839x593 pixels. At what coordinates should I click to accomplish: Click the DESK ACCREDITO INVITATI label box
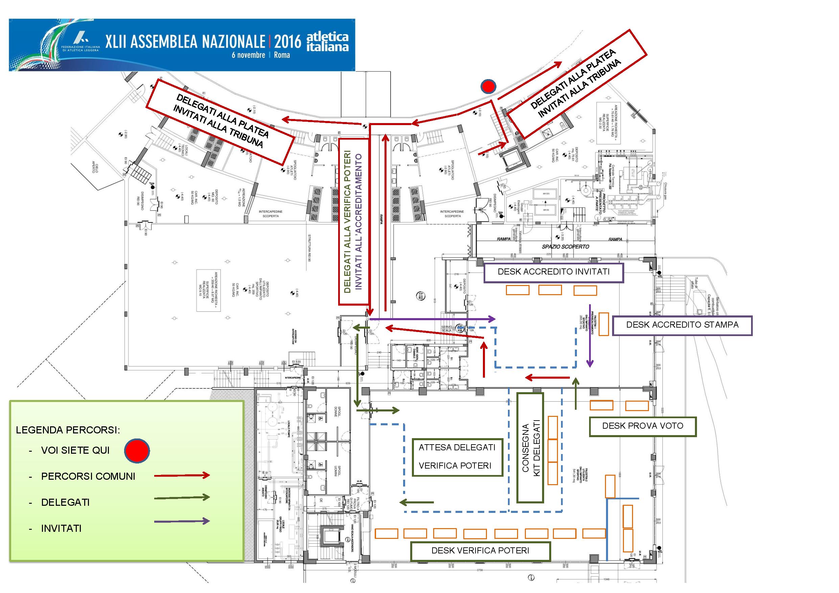tap(553, 272)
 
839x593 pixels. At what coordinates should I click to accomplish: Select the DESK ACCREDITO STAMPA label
tap(682, 325)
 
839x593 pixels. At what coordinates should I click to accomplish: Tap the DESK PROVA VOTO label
tap(643, 426)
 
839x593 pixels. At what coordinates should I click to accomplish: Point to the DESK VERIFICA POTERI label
tap(480, 551)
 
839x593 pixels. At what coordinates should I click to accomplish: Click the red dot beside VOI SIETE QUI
tap(137, 451)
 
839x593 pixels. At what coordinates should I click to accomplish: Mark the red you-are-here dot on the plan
tap(488, 86)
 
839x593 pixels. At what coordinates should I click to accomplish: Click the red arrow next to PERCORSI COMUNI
tap(182, 475)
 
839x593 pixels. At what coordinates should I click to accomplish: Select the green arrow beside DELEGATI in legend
tap(182, 497)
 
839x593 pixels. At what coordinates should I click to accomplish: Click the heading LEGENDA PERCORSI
tap(68, 430)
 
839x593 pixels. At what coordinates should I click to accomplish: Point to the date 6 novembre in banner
tap(248, 55)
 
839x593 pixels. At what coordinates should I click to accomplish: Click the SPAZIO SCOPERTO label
tap(565, 246)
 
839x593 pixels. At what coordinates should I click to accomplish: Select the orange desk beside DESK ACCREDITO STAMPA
tap(603, 324)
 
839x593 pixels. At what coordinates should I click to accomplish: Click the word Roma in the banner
tap(282, 55)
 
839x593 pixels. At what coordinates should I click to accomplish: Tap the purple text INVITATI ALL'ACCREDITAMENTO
tap(358, 222)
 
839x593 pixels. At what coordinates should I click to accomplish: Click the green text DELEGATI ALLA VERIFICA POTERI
tap(347, 222)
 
